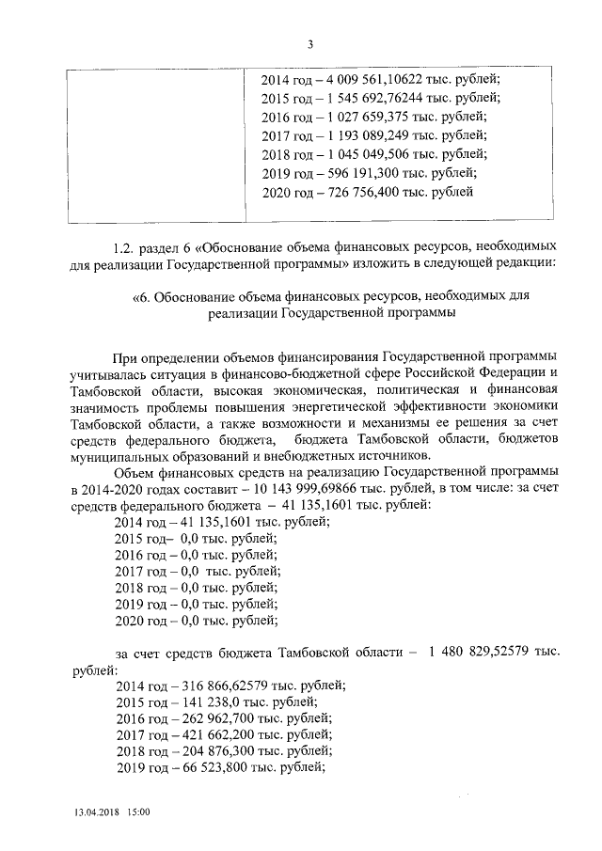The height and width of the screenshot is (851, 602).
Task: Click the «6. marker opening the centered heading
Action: click(x=142, y=298)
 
